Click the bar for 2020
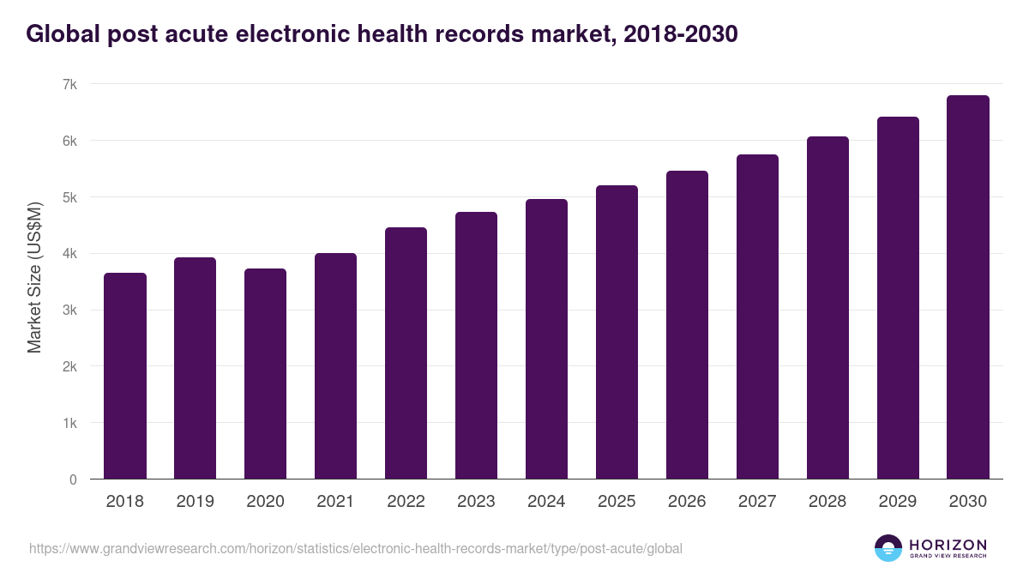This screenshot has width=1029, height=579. click(265, 374)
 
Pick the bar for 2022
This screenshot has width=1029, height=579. click(406, 353)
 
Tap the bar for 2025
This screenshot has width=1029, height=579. click(617, 332)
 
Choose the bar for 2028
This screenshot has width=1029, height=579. click(827, 308)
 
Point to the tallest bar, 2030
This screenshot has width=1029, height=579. click(968, 287)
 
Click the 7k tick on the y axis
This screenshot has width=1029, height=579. click(69, 84)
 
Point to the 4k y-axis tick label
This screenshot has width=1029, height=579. click(69, 254)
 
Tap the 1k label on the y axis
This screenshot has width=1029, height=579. click(69, 423)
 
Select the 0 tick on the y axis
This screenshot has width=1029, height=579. click(73, 479)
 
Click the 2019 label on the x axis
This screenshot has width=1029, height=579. click(195, 502)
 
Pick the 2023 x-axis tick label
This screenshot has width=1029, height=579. click(476, 502)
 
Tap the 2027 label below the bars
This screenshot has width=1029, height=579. click(757, 502)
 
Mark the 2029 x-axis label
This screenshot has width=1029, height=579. click(898, 502)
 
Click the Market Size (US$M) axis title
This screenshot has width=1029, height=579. click(34, 278)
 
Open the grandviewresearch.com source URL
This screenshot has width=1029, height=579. click(356, 548)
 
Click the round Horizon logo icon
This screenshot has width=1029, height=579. click(888, 548)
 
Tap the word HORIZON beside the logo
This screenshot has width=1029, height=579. click(948, 544)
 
